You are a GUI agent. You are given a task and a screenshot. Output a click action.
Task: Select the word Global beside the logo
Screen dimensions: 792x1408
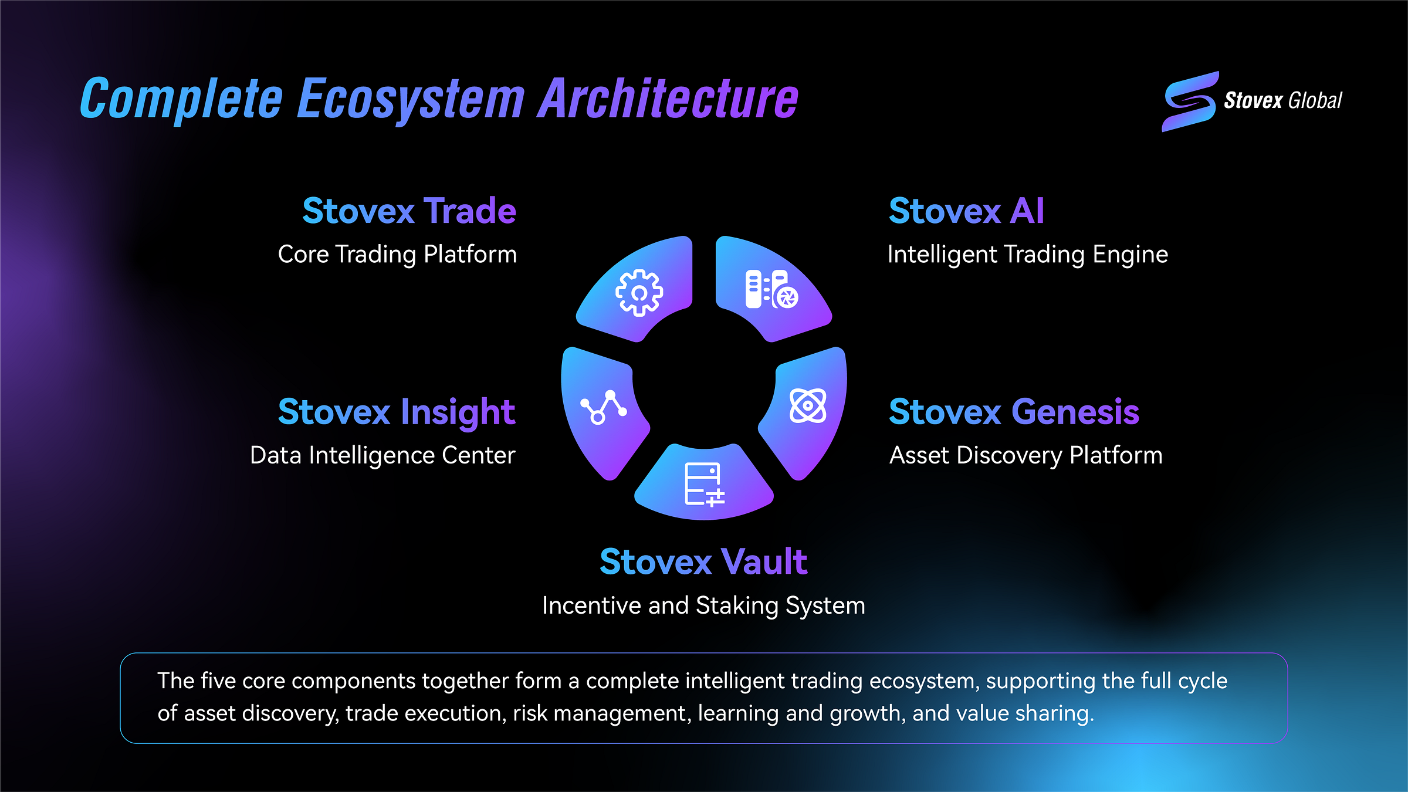pyautogui.click(x=1315, y=101)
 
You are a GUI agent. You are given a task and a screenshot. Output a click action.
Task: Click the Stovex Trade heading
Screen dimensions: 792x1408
pyautogui.click(x=409, y=211)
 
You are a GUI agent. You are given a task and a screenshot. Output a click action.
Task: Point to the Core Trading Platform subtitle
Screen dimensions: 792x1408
pyautogui.click(x=397, y=254)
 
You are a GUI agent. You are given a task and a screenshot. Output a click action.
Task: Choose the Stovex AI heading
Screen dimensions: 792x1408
pyautogui.click(x=966, y=211)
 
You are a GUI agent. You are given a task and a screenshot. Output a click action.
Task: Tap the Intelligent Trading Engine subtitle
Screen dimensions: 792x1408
pyautogui.click(x=1027, y=254)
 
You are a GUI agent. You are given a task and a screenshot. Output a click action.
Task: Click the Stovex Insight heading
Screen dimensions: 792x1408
pyautogui.click(x=396, y=412)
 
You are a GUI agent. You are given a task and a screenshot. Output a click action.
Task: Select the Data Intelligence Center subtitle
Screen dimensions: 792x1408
pyautogui.click(x=383, y=455)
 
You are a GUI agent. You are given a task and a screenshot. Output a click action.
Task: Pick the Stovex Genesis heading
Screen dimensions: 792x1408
pyautogui.click(x=1014, y=412)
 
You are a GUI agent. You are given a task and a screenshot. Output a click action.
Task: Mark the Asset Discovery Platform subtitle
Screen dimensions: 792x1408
pyautogui.click(x=1025, y=455)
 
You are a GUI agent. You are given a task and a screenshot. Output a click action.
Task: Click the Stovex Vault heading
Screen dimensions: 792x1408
pyautogui.click(x=703, y=562)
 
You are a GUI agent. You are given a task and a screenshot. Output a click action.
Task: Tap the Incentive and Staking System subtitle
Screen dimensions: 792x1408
pyautogui.click(x=703, y=605)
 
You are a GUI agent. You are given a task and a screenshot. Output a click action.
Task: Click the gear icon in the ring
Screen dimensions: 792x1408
pyautogui.click(x=639, y=293)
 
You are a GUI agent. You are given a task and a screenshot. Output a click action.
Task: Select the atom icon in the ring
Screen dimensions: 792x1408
pyautogui.click(x=808, y=405)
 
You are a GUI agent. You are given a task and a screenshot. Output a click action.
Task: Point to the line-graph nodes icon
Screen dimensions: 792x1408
pyautogui.click(x=603, y=407)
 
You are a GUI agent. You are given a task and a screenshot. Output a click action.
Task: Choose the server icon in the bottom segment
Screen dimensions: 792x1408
pyautogui.click(x=704, y=485)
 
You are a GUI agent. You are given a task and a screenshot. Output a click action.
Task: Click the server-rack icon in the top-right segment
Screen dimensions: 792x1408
pyautogui.click(x=771, y=289)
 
